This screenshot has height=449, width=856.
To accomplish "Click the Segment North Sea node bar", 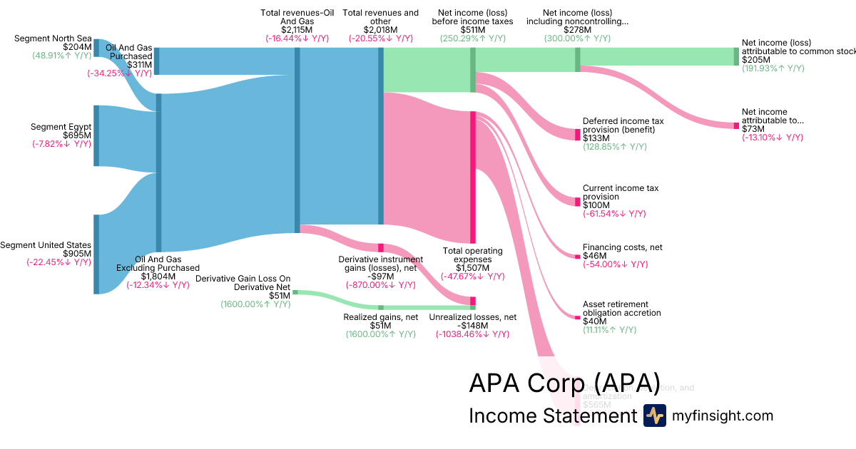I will (96, 48).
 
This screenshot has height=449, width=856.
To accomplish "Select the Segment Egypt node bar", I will (96, 135).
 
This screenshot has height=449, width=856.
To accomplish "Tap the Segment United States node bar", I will (96, 254).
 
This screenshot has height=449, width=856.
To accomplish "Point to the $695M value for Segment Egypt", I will (76, 135).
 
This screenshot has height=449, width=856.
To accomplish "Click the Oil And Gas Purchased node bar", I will (157, 61).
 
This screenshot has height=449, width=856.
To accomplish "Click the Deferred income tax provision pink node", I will (578, 135).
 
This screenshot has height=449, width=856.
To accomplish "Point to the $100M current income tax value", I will (597, 205).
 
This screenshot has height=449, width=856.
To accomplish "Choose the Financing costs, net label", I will (622, 247).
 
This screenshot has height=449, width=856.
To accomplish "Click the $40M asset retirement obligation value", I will (594, 321).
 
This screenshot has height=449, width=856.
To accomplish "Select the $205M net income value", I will (756, 60).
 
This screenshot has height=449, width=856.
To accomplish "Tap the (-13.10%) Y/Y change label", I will (773, 138).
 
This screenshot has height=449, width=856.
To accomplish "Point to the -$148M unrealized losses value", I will (472, 326).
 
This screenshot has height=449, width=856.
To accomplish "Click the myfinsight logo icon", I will (654, 416).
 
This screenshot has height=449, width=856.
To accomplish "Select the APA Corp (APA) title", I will (564, 383).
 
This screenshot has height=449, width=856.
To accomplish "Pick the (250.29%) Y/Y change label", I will (472, 38).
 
